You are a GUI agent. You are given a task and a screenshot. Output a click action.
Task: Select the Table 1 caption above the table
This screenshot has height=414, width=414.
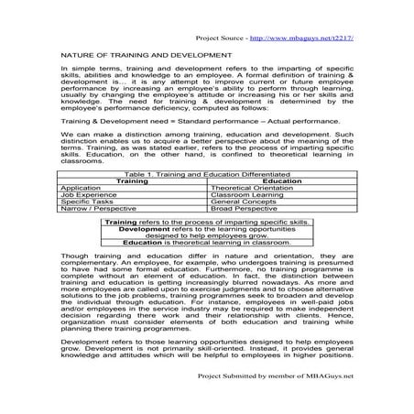coord(208,172)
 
